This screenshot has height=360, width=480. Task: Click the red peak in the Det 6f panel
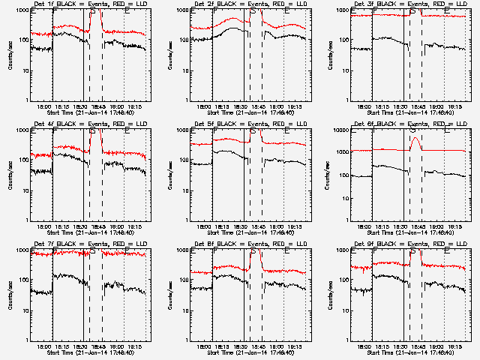(415, 138)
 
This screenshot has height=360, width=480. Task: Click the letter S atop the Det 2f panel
(253, 12)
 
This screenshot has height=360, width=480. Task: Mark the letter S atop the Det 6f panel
(413, 132)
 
